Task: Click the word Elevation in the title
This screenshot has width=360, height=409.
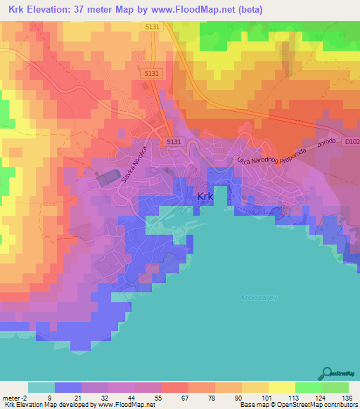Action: click(x=56, y=8)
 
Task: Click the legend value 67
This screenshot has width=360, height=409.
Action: click(x=174, y=397)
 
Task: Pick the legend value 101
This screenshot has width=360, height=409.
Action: click(x=255, y=397)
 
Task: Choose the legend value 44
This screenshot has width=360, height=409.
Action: click(x=121, y=397)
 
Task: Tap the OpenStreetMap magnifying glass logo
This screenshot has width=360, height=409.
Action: click(x=328, y=373)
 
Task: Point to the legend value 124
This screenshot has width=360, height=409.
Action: click(x=309, y=397)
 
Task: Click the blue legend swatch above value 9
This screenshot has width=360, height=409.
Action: click(x=67, y=387)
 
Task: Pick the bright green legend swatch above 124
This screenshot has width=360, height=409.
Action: click(x=309, y=387)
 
